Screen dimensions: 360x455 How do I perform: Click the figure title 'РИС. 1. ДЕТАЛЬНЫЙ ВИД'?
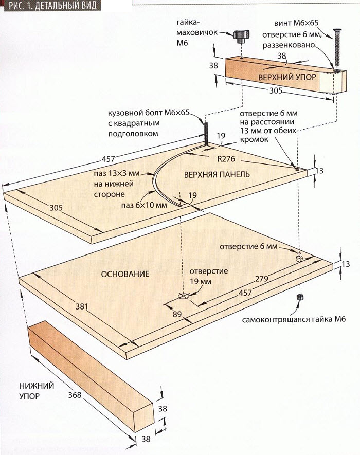click(52, 5)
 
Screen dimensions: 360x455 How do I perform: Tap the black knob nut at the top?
click(239, 37)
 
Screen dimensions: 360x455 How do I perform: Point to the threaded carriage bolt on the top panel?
click(206, 134)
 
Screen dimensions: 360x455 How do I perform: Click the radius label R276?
click(226, 159)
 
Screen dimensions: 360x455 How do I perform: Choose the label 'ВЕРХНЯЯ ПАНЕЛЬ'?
click(217, 174)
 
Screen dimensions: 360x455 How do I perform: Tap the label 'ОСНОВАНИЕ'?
click(125, 274)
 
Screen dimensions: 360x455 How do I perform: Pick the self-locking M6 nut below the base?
click(299, 297)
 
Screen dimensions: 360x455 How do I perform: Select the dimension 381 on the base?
click(82, 306)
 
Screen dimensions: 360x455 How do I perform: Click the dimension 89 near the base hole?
click(177, 314)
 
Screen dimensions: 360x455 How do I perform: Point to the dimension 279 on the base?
click(262, 279)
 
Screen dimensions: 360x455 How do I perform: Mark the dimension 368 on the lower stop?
click(75, 395)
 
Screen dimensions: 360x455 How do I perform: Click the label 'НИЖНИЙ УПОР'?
click(37, 391)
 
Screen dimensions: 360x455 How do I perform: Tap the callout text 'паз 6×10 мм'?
click(144, 205)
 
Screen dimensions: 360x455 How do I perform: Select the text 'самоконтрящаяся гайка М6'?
click(294, 319)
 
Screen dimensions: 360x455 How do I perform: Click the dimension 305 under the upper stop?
click(276, 91)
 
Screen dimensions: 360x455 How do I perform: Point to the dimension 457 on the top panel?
click(109, 159)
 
